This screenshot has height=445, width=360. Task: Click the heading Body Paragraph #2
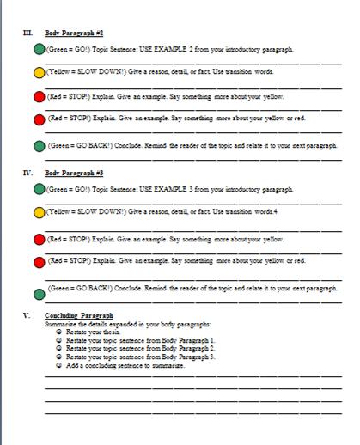74,32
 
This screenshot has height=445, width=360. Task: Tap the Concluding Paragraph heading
78,315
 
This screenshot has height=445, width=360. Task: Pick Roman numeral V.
27,315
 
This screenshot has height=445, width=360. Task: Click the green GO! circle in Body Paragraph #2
39,52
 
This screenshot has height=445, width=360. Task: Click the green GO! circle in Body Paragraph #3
39,190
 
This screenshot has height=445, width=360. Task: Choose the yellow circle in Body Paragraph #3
39,212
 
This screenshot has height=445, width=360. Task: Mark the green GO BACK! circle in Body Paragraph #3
39,291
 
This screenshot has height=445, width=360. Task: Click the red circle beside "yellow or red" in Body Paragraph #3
39,261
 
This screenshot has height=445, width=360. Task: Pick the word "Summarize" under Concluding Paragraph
60,324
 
